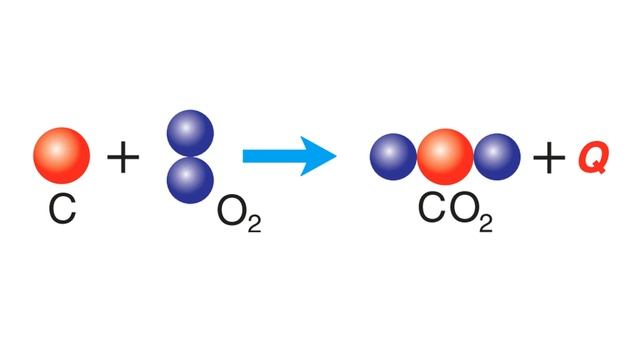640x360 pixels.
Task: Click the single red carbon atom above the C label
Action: pyautogui.click(x=62, y=156)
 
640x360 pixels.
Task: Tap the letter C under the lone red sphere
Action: pyautogui.click(x=62, y=209)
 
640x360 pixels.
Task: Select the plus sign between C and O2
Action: pyautogui.click(x=123, y=156)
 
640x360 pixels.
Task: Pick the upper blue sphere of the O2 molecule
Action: pyautogui.click(x=190, y=133)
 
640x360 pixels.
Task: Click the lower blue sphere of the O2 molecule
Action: pyautogui.click(x=190, y=180)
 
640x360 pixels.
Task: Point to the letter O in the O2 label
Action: pyautogui.click(x=232, y=213)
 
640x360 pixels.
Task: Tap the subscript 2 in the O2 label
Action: pyautogui.click(x=254, y=224)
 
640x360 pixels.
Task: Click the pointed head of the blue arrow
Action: pyautogui.click(x=336, y=156)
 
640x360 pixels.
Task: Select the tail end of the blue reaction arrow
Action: pyautogui.click(x=243, y=156)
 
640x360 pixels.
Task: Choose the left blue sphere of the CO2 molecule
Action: pyautogui.click(x=393, y=157)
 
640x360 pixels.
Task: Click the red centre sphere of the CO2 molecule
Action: pyautogui.click(x=445, y=157)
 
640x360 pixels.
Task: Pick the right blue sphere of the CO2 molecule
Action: pyautogui.click(x=497, y=157)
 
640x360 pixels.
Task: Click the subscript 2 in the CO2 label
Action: pyautogui.click(x=486, y=223)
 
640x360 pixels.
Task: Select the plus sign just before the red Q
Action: pyautogui.click(x=549, y=158)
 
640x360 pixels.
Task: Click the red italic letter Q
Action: pyautogui.click(x=593, y=158)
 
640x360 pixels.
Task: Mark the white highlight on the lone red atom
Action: pyautogui.click(x=56, y=150)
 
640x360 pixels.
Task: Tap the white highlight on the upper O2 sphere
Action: pyautogui.click(x=186, y=128)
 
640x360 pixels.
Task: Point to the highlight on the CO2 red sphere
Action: pyautogui.click(x=440, y=151)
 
